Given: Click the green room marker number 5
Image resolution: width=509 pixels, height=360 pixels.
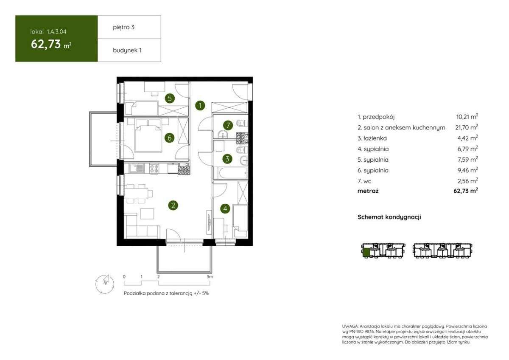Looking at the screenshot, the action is [170, 98].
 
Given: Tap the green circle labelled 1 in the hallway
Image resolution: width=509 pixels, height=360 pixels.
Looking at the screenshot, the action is [200, 106].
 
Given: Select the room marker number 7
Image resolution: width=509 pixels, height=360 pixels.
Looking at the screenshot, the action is [228, 125].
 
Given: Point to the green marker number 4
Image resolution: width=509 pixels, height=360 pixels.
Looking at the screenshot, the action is [225, 209].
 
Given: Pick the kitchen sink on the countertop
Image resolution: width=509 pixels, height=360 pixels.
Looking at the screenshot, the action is [137, 168].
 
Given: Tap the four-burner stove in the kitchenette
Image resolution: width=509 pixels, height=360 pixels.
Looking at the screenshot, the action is [154, 169].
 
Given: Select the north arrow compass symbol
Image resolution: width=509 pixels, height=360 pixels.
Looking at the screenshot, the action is [105, 284].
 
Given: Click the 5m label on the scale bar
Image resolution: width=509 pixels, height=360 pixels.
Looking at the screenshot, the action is [210, 277].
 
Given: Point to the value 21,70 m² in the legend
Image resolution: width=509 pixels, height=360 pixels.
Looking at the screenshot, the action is [467, 127].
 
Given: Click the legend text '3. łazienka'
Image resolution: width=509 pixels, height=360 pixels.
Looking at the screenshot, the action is [372, 138].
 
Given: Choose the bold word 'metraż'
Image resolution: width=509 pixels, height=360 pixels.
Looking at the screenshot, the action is [368, 191].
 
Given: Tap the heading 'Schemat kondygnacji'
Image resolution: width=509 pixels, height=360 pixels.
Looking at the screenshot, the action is [389, 217].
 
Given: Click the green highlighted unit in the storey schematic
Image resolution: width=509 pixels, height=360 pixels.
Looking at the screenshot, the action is [366, 253].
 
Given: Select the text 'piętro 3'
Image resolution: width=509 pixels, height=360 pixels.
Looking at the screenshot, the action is [123, 27].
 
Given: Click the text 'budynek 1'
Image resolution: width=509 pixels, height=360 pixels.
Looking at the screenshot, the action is [127, 50].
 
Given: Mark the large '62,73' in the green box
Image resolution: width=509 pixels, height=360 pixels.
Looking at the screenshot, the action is [46, 44].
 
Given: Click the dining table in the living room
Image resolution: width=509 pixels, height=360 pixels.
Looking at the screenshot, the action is [136, 194].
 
